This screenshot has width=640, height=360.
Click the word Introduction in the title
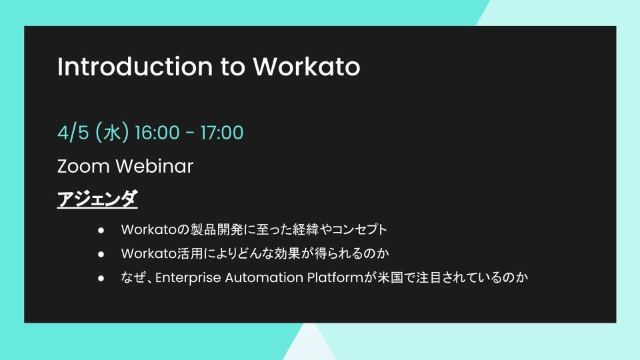tap(135, 67)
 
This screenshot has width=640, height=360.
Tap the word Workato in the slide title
tap(307, 67)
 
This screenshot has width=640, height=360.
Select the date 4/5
tap(73, 133)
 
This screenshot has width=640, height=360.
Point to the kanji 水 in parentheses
tap(111, 133)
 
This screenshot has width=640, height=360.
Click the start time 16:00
tap(157, 133)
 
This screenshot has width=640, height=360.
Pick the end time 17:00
tap(222, 133)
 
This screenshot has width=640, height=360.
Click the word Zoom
tap(84, 166)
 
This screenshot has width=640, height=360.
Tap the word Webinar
tap(155, 166)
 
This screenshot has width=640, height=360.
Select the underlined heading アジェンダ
tap(97, 199)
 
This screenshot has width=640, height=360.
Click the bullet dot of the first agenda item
tap(101, 230)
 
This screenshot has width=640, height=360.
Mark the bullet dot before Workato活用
tap(101, 254)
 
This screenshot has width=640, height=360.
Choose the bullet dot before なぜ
tap(101, 279)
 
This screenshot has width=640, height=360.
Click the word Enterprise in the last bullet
tap(188, 278)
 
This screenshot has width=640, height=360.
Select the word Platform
tap(335, 277)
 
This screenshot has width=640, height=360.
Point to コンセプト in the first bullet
tap(359, 229)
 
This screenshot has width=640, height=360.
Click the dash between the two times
tap(190, 133)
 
